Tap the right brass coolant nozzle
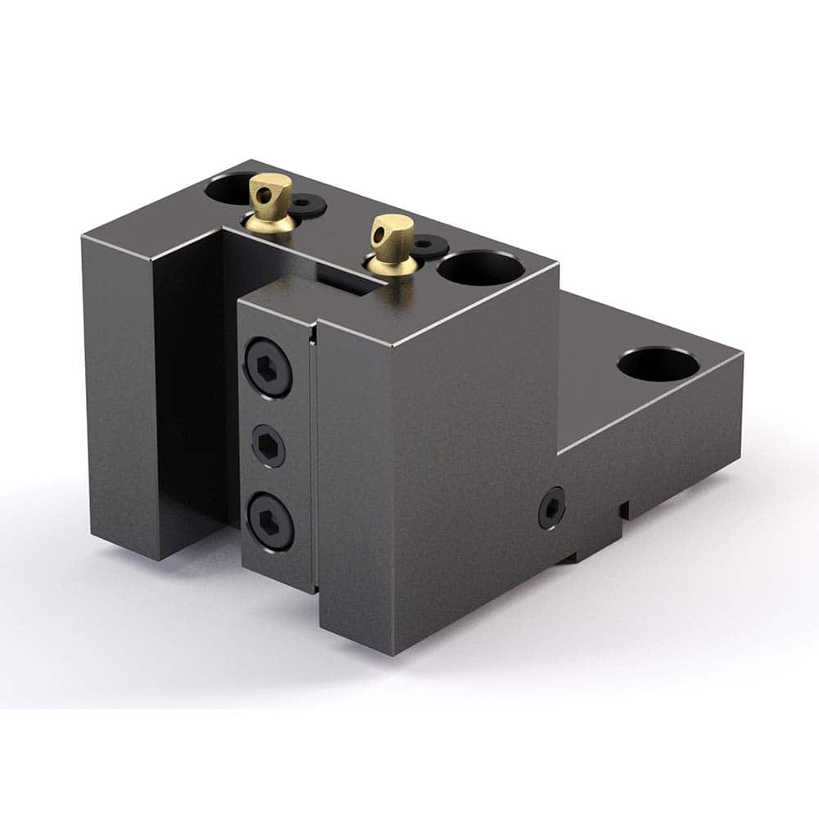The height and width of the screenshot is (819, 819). click(391, 242)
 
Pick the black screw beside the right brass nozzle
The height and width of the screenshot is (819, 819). click(429, 244)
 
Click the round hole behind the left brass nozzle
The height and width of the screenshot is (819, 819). click(227, 188)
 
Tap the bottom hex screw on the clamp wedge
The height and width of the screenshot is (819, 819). click(269, 520)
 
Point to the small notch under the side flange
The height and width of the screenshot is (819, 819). click(624, 509)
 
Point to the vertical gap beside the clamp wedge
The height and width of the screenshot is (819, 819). click(314, 459)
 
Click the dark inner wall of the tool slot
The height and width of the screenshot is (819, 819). click(192, 385)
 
